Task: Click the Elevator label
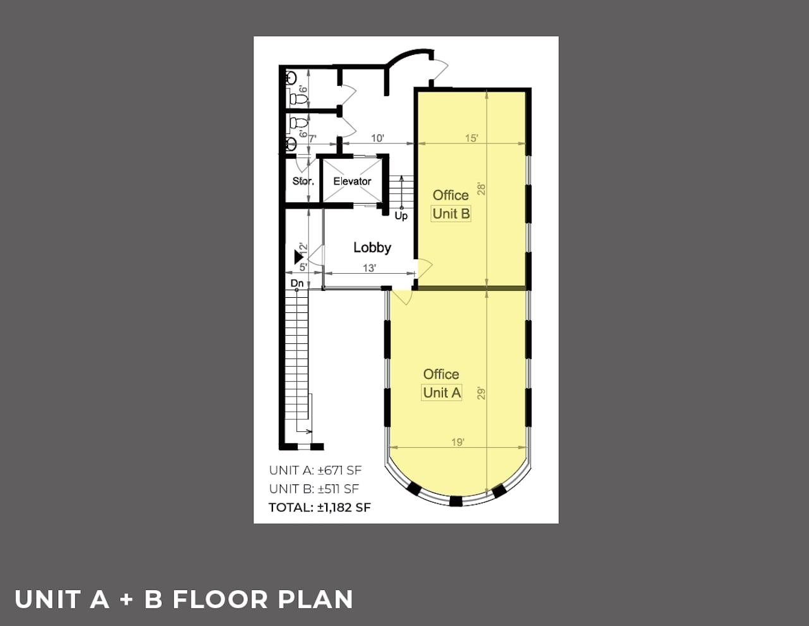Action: point(352,181)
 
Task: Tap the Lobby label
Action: point(372,248)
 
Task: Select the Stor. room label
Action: point(303,181)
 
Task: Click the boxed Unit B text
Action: point(451,214)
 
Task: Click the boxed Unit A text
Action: point(442,393)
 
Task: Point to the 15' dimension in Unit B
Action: point(471,138)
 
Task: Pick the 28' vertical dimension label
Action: point(481,188)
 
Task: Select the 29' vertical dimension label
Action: point(481,393)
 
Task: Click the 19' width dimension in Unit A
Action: point(458,443)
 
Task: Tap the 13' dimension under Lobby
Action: point(369,268)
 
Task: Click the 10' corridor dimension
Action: point(377,138)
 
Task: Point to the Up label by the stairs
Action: point(401,216)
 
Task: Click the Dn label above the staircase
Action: point(297,283)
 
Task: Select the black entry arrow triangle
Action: point(298,257)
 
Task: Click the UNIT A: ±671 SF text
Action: point(315,470)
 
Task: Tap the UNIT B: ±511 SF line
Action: point(314,489)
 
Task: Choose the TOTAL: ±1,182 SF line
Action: point(320,507)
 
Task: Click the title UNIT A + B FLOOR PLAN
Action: point(183,599)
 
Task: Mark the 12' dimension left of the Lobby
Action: point(303,249)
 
